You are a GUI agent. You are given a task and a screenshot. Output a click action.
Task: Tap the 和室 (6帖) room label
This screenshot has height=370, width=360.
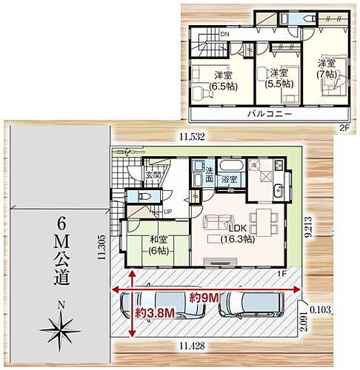[157, 244]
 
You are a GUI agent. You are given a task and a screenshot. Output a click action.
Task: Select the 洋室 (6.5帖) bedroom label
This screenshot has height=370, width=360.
[220, 81]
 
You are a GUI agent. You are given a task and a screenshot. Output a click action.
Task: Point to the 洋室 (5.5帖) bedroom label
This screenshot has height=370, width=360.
[278, 78]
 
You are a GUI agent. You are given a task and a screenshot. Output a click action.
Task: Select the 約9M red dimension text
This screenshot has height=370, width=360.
[204, 298]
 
